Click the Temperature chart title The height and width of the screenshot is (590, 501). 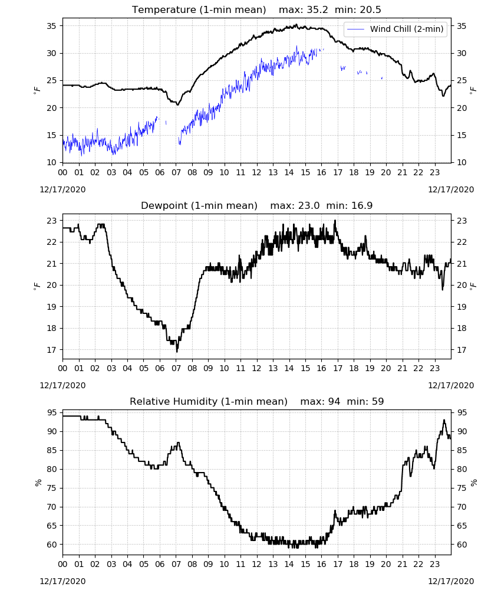(199, 9)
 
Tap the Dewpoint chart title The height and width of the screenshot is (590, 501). (199, 205)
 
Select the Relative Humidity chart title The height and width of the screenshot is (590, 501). (209, 401)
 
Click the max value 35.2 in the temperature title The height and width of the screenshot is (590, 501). (318, 9)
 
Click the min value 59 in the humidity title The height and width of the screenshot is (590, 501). (378, 401)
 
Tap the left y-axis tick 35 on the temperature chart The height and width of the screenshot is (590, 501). (51, 26)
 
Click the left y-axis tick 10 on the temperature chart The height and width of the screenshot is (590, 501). (51, 163)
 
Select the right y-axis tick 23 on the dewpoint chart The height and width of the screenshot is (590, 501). (462, 221)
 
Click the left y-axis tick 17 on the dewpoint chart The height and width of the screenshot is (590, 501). (51, 350)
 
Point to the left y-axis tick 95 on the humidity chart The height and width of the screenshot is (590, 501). (51, 413)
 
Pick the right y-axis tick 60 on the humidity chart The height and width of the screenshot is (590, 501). (462, 545)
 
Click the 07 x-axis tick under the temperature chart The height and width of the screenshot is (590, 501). (176, 172)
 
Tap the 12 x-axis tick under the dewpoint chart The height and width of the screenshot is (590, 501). (257, 368)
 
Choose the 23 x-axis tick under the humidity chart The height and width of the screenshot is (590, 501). (435, 565)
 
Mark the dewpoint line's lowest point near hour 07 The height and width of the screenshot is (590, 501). (177, 352)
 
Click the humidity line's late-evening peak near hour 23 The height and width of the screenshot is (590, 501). (444, 420)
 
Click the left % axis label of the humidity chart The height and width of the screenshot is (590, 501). (38, 483)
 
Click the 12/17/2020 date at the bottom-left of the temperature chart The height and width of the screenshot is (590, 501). (62, 189)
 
